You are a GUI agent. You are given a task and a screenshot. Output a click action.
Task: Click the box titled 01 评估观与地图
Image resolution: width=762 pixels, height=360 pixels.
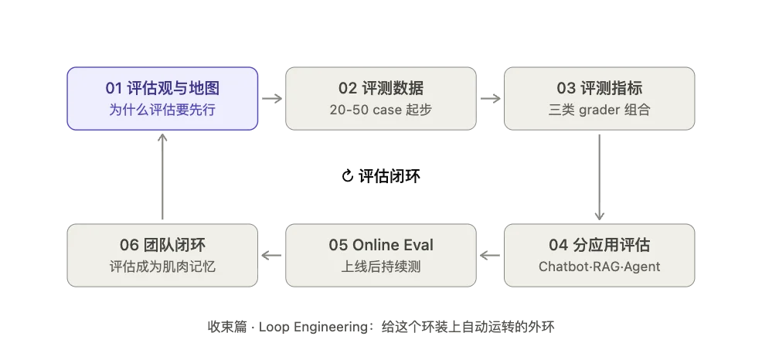pyautogui.click(x=162, y=99)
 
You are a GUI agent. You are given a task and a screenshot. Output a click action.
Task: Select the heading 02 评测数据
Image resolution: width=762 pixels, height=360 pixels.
pyautogui.click(x=381, y=88)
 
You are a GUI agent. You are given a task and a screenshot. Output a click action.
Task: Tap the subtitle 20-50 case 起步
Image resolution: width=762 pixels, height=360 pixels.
pyautogui.click(x=381, y=110)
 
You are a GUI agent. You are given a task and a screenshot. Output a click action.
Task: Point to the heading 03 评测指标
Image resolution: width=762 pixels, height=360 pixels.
pyautogui.click(x=600, y=88)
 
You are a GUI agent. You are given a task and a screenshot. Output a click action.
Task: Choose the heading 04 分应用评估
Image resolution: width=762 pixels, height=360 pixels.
pyautogui.click(x=600, y=245)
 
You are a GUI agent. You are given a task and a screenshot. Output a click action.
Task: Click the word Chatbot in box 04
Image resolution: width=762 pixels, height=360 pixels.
pyautogui.click(x=560, y=267)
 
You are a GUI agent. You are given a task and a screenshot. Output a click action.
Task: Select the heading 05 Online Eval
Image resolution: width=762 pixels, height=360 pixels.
pyautogui.click(x=381, y=245)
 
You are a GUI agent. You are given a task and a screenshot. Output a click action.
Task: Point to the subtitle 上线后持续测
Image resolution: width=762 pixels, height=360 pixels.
pyautogui.click(x=381, y=267)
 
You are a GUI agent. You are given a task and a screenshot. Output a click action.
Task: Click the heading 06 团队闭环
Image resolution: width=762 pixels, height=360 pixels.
pyautogui.click(x=162, y=245)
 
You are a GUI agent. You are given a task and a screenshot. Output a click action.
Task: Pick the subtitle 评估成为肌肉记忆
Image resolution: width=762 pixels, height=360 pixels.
pyautogui.click(x=162, y=267)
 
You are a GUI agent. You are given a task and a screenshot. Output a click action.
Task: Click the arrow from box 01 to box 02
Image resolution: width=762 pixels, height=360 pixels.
pyautogui.click(x=272, y=99)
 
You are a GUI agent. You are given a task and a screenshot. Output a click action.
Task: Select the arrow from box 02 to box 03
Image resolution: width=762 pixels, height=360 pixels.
pyautogui.click(x=491, y=99)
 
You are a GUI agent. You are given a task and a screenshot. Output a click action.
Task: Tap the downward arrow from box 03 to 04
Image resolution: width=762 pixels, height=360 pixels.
pyautogui.click(x=600, y=178)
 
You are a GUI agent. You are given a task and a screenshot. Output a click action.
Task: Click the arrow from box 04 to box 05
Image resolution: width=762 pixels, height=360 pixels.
pyautogui.click(x=490, y=255)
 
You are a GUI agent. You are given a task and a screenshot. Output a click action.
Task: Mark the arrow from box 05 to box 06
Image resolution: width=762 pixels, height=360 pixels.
pyautogui.click(x=271, y=255)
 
